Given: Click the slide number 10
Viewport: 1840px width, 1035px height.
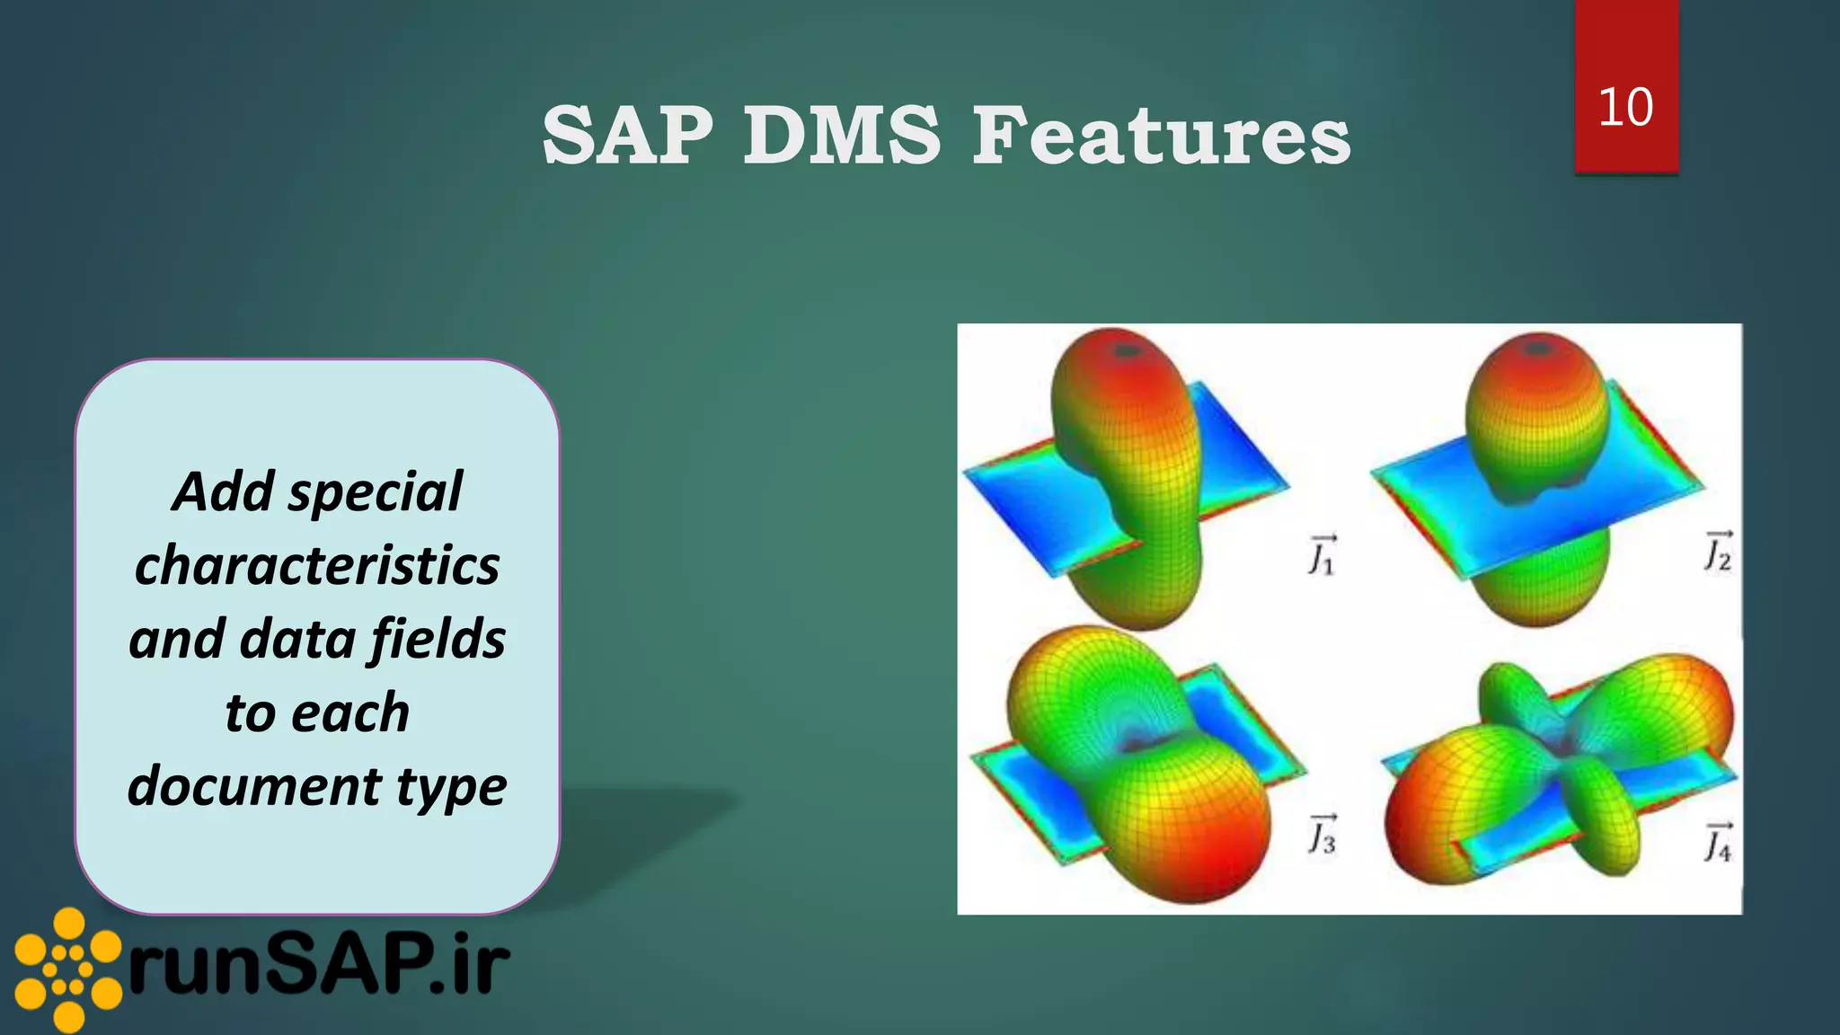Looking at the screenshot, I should [1625, 107].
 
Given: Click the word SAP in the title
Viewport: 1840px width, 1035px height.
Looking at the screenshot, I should [628, 136].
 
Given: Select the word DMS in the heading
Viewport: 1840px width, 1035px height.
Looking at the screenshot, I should [842, 136].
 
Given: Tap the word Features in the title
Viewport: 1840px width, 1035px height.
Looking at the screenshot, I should [1162, 136].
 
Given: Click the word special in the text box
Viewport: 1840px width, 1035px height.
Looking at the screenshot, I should [375, 493].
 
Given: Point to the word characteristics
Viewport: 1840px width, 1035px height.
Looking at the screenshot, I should [317, 566].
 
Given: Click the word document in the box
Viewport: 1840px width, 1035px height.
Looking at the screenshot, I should [254, 786].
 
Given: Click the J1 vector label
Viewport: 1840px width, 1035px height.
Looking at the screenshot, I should [1322, 554].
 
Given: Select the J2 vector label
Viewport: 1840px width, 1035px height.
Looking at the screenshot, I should [1718, 550].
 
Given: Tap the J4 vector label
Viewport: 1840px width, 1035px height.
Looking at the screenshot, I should [1718, 842].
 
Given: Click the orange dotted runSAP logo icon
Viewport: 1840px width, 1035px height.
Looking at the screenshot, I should [67, 969].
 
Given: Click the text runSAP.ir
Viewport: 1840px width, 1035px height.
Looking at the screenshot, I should [319, 968].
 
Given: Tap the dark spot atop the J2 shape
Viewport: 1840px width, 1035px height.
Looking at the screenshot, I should [1539, 347].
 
